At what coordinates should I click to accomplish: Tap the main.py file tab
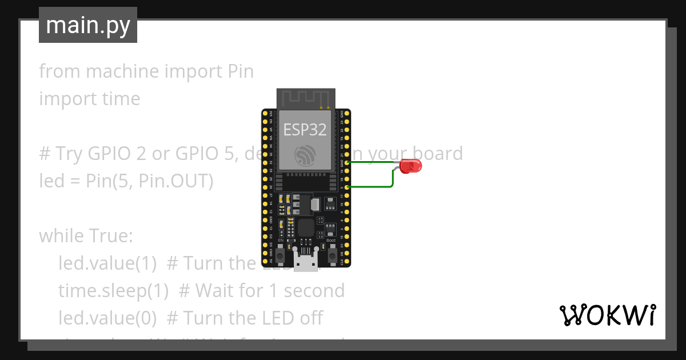click(88, 25)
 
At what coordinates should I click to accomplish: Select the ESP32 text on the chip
click(305, 130)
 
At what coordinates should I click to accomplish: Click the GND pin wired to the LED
click(348, 162)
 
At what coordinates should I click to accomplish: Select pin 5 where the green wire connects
click(348, 187)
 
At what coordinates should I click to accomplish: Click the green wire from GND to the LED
click(372, 162)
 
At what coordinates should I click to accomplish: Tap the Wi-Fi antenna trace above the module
click(305, 98)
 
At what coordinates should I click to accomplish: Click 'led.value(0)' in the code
click(107, 318)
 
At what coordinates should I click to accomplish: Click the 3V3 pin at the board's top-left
click(265, 113)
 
